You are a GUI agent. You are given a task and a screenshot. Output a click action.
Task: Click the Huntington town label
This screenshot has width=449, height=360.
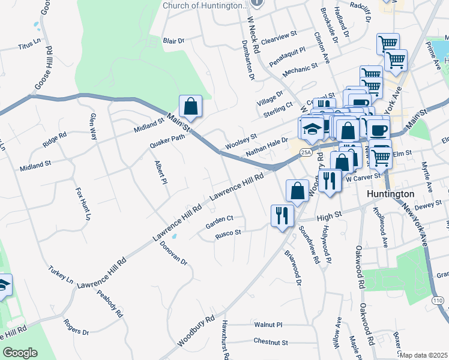390,194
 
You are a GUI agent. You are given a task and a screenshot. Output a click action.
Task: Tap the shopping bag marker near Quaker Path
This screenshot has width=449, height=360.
190,107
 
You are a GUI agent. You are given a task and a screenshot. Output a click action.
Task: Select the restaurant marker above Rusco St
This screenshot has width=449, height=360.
282,215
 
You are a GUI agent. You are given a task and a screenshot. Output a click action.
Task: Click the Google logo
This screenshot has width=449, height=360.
20,353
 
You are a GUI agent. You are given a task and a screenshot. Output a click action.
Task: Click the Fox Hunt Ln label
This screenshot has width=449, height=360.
83,203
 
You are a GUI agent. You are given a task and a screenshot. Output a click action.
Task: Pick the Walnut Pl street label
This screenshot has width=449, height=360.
268,325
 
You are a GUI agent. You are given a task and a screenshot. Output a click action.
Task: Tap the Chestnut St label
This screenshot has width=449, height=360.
271,343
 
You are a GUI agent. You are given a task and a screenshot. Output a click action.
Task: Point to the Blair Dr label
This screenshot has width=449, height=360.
173,41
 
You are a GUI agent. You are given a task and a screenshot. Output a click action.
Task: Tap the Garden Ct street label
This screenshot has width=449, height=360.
218,223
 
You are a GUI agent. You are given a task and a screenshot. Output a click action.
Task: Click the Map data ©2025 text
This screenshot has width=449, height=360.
424,355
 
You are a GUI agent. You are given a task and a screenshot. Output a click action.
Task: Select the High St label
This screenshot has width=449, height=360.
329,214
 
